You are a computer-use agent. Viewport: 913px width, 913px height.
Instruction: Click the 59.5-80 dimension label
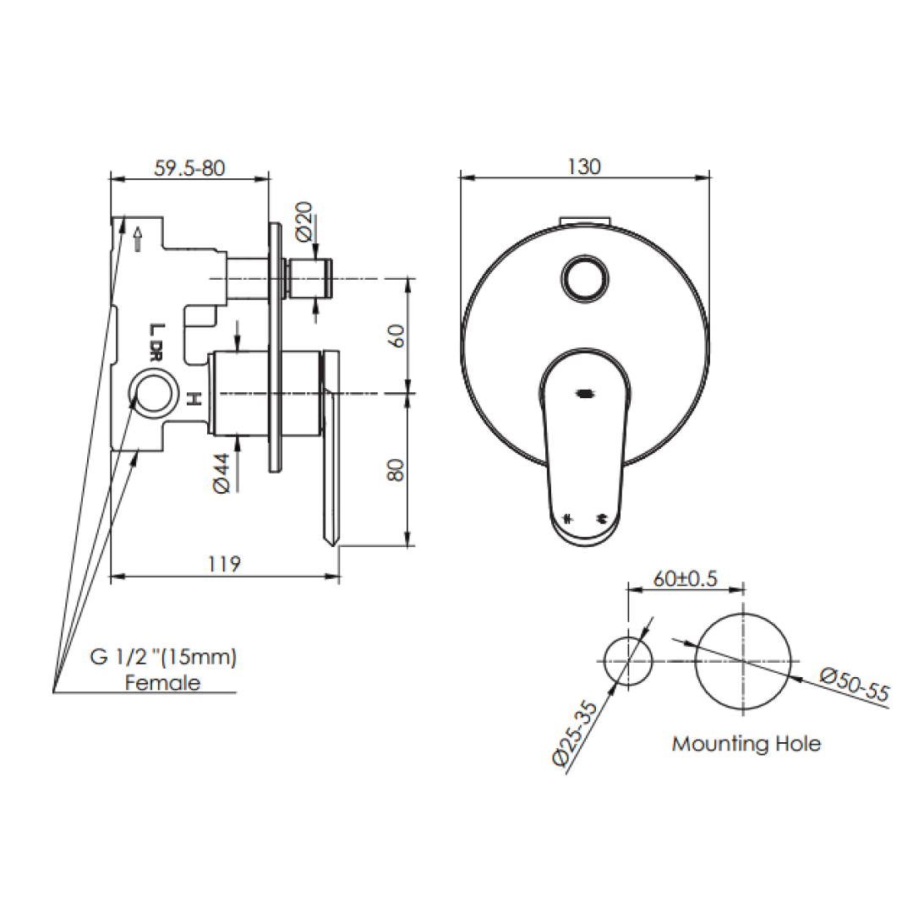pyautogui.click(x=189, y=167)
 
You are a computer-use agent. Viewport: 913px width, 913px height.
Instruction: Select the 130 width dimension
pyautogui.click(x=584, y=167)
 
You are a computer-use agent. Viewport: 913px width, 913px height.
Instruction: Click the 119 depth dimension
pyautogui.click(x=225, y=564)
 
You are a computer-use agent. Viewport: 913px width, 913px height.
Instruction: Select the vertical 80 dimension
pyautogui.click(x=396, y=470)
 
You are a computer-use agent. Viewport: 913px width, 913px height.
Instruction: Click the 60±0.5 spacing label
pyautogui.click(x=685, y=579)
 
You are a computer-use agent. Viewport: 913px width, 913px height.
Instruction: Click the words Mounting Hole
pyautogui.click(x=746, y=744)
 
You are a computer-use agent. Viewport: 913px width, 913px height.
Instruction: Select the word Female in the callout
pyautogui.click(x=163, y=682)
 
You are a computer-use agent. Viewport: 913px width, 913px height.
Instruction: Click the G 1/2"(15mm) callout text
pyautogui.click(x=163, y=657)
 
